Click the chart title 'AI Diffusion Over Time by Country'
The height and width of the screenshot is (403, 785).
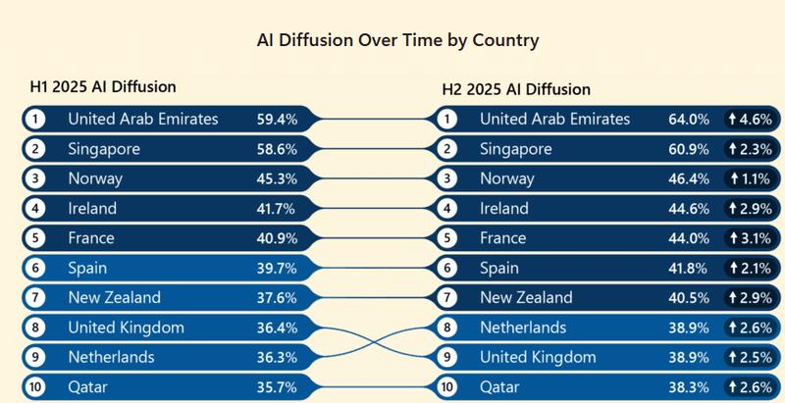click(x=397, y=41)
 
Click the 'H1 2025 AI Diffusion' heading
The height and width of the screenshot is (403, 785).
click(x=103, y=86)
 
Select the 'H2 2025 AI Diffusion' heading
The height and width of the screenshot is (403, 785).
click(x=515, y=89)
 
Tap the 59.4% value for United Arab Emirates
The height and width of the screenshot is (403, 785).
click(x=277, y=119)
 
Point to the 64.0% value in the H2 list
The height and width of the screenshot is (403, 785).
click(x=687, y=119)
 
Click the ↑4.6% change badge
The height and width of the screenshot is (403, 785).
click(x=749, y=119)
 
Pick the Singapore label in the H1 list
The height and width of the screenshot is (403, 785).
click(x=104, y=149)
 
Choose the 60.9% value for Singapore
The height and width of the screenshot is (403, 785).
click(x=687, y=149)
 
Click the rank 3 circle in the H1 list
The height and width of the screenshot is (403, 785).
click(x=35, y=178)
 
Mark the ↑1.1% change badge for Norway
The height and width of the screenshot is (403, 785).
click(x=749, y=178)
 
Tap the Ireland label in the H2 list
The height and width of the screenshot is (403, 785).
click(x=503, y=208)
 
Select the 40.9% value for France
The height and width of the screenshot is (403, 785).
click(x=277, y=238)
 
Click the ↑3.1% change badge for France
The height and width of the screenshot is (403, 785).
click(x=749, y=238)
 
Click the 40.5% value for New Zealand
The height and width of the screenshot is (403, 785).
click(x=687, y=297)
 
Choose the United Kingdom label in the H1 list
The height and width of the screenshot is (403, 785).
click(x=126, y=327)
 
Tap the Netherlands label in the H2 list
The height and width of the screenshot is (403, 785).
click(x=523, y=327)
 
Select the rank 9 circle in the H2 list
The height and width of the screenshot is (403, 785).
click(x=447, y=357)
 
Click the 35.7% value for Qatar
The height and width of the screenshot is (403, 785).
click(x=277, y=386)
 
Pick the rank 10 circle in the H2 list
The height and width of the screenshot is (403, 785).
click(x=447, y=386)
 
